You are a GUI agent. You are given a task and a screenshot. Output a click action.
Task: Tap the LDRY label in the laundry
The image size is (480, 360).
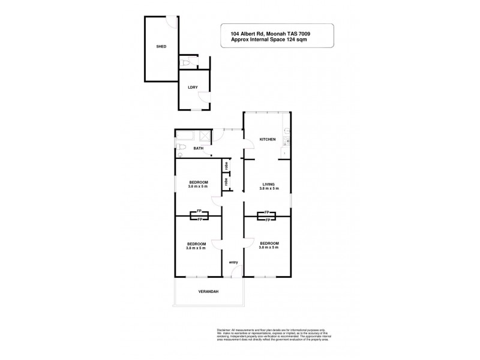pos(193,88)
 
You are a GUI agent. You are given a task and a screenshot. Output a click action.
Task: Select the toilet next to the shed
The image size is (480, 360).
pos(187,62)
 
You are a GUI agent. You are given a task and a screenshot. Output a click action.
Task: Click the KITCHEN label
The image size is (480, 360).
pos(267,139)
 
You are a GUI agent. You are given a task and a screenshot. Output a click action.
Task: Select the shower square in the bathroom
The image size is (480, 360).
pos(204,136)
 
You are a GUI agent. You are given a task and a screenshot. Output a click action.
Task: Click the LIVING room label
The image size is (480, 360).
pos(267,183)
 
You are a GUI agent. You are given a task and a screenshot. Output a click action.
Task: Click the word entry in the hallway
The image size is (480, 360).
pos(233,262)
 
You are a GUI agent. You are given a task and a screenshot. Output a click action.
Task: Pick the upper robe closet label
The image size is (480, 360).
pos(226,164)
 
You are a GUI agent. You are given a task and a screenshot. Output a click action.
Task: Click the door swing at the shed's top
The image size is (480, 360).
pos(172,22)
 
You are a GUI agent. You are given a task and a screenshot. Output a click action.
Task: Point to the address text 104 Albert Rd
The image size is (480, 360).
pos(253,34)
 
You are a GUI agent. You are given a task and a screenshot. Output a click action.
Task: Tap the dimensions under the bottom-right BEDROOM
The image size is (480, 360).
pos(268,247)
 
